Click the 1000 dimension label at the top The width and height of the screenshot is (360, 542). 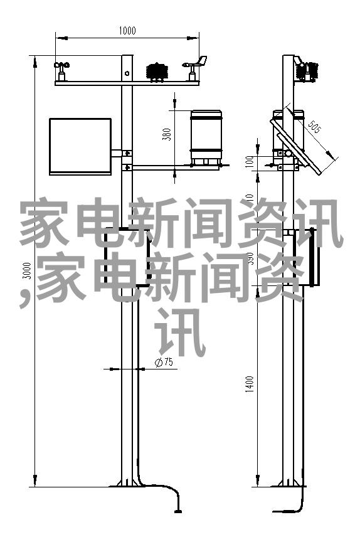pyautogui.click(x=127, y=31)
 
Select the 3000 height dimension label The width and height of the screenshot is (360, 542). pyautogui.click(x=27, y=270)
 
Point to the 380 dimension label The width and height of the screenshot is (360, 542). pyautogui.click(x=167, y=134)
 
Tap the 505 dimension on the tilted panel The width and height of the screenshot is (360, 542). pyautogui.click(x=314, y=126)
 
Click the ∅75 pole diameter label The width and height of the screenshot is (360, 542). pyautogui.click(x=164, y=362)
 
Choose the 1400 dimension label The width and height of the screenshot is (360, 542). pyautogui.click(x=250, y=384)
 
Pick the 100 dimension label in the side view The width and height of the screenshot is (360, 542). pyautogui.click(x=250, y=162)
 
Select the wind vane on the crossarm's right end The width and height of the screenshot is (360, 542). pyautogui.click(x=195, y=68)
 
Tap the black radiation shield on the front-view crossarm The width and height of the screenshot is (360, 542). pyautogui.click(x=157, y=72)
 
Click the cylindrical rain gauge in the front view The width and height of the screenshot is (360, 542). pyautogui.click(x=206, y=137)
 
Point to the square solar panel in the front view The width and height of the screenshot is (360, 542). pyautogui.click(x=80, y=146)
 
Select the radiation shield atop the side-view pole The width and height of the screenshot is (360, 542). pyautogui.click(x=307, y=72)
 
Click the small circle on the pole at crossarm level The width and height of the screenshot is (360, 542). pyautogui.click(x=127, y=73)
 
